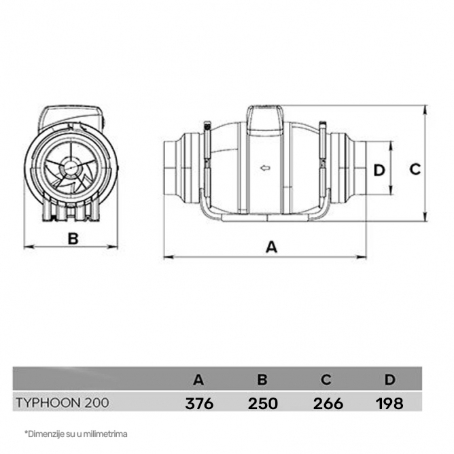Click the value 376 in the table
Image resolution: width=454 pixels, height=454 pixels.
point(199,403)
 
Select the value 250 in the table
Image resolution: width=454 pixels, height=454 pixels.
point(262,403)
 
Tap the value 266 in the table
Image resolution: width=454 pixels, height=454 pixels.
point(328,403)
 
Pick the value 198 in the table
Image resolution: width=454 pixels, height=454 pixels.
point(389,403)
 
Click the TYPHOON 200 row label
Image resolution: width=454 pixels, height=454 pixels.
point(63,403)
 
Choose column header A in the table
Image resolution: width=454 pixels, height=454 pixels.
point(198,380)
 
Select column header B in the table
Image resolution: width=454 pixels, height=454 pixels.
point(262,380)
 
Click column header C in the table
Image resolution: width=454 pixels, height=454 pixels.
point(326,380)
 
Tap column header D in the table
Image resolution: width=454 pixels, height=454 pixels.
point(389,380)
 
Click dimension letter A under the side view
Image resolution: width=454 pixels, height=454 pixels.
point(271,247)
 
